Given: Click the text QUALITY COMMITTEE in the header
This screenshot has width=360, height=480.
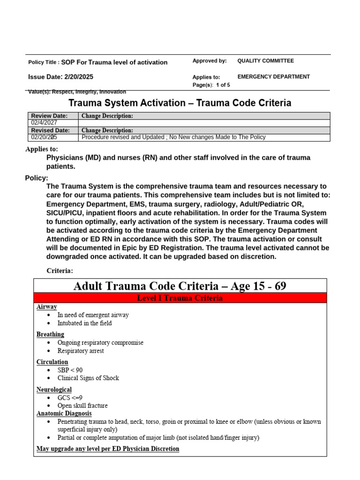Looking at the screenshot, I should pos(265,61).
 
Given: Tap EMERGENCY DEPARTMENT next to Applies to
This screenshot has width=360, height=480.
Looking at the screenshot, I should pos(273,77).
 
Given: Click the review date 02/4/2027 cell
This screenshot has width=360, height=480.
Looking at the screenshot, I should pos(44,123).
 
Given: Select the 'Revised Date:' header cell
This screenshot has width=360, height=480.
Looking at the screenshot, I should pos(50,130).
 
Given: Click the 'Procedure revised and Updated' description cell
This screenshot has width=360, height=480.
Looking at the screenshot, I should pos(173,137).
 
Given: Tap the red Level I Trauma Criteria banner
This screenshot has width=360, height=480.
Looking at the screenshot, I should pos(180,298).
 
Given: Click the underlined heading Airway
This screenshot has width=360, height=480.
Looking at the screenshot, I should pos(46,307).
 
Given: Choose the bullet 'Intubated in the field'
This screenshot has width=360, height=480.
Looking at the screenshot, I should pos(84,323).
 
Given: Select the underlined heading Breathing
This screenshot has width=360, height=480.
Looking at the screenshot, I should pos(50,335).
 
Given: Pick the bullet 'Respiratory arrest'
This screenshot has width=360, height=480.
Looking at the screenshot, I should pos(81,351).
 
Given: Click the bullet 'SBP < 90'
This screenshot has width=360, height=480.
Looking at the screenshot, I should pos(70,370).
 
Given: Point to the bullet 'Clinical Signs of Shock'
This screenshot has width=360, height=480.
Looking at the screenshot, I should pos(88,378).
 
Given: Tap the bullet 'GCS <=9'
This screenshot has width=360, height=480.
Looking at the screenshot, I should pos(70,398).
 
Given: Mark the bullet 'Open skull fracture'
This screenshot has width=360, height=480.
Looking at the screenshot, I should pos(82,406).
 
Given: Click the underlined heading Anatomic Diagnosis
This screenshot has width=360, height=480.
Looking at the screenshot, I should pos(64,414).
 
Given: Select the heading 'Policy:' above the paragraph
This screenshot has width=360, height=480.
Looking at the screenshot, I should pos(37,178).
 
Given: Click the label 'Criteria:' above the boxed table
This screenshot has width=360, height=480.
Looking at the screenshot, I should pos(60,271).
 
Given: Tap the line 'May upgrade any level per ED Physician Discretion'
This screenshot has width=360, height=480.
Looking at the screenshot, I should pos(108,449).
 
